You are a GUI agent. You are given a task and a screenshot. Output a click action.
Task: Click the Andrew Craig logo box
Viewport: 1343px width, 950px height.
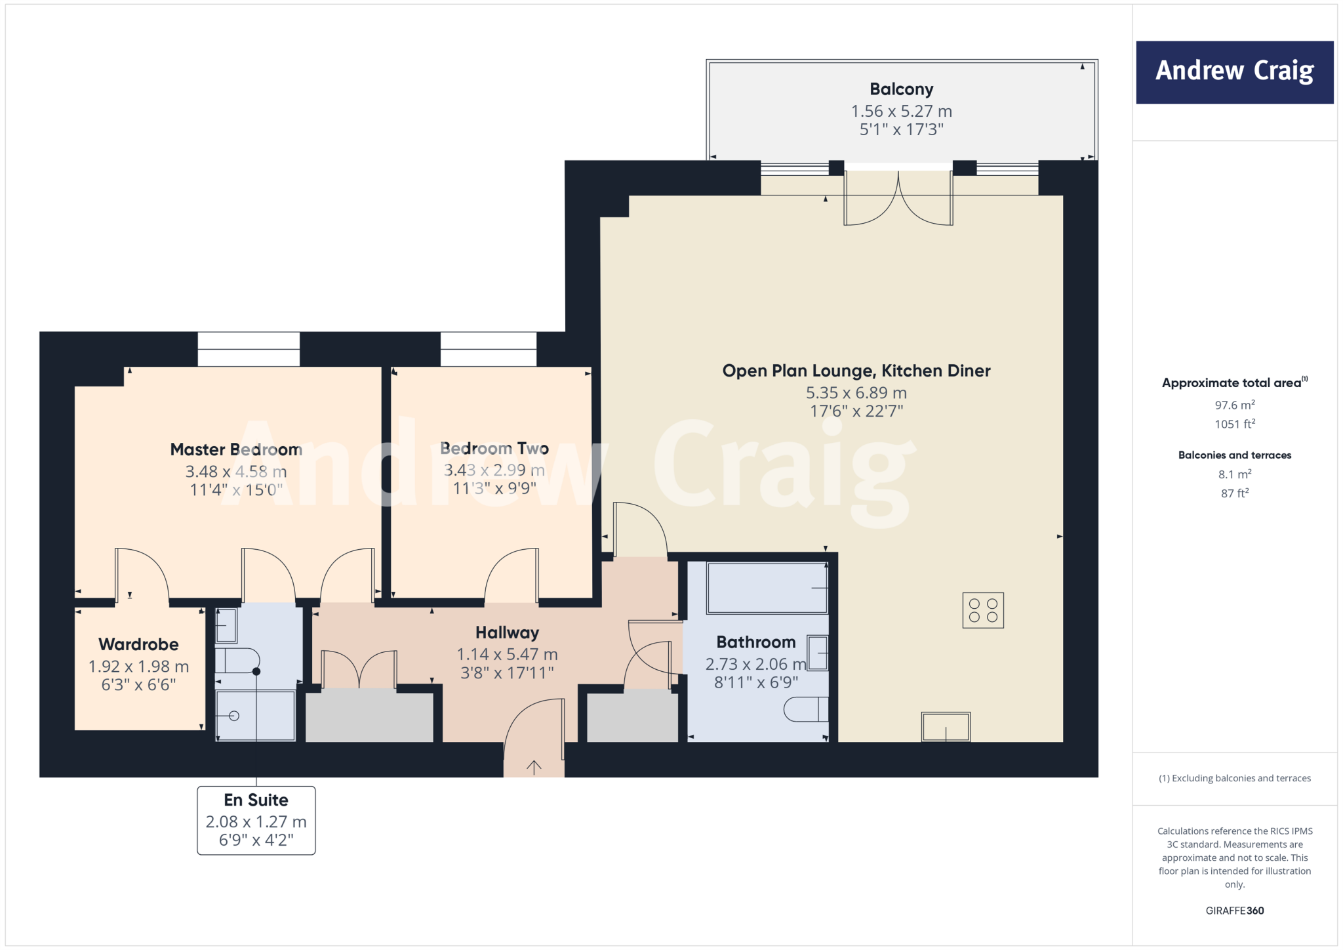pyautogui.click(x=1234, y=72)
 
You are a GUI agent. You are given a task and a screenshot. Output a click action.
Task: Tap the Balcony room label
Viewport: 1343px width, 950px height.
pyautogui.click(x=901, y=89)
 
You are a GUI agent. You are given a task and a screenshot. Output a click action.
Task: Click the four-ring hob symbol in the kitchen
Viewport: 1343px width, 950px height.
pyautogui.click(x=982, y=610)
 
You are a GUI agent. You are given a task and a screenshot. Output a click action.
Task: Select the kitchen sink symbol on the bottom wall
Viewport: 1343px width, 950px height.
pyautogui.click(x=945, y=727)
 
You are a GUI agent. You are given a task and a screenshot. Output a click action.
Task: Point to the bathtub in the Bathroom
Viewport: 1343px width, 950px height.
pyautogui.click(x=766, y=588)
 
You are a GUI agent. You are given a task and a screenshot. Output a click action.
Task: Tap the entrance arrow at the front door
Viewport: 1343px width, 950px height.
pyautogui.click(x=534, y=766)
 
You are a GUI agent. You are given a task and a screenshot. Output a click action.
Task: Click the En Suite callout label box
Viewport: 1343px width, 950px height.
pyautogui.click(x=256, y=820)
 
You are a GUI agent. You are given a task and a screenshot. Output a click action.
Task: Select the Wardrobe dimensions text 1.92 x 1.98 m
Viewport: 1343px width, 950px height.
pyautogui.click(x=139, y=667)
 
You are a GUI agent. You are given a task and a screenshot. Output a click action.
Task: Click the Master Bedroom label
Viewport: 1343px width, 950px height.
pyautogui.click(x=236, y=449)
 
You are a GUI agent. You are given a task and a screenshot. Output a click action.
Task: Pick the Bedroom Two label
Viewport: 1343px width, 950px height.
pyautogui.click(x=494, y=448)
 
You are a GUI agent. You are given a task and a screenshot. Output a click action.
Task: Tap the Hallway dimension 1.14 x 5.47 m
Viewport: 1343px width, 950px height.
pyautogui.click(x=507, y=654)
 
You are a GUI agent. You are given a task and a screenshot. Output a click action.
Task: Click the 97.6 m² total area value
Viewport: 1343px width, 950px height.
pyautogui.click(x=1234, y=405)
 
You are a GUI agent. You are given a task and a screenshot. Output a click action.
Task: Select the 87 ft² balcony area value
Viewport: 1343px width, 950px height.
pyautogui.click(x=1234, y=493)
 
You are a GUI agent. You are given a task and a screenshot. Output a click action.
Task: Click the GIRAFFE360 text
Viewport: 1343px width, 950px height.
pyautogui.click(x=1234, y=911)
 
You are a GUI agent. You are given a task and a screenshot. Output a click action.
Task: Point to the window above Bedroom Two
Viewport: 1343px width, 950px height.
pyautogui.click(x=489, y=349)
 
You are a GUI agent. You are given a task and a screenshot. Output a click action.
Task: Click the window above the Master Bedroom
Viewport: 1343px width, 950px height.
pyautogui.click(x=249, y=349)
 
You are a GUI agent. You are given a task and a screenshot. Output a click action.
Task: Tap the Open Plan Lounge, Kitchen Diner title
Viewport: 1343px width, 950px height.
pyautogui.click(x=856, y=371)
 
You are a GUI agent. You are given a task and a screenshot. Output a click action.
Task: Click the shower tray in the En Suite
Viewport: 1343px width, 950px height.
pyautogui.click(x=256, y=715)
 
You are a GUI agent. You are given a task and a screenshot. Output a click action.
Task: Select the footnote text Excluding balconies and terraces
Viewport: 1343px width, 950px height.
pyautogui.click(x=1234, y=778)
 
